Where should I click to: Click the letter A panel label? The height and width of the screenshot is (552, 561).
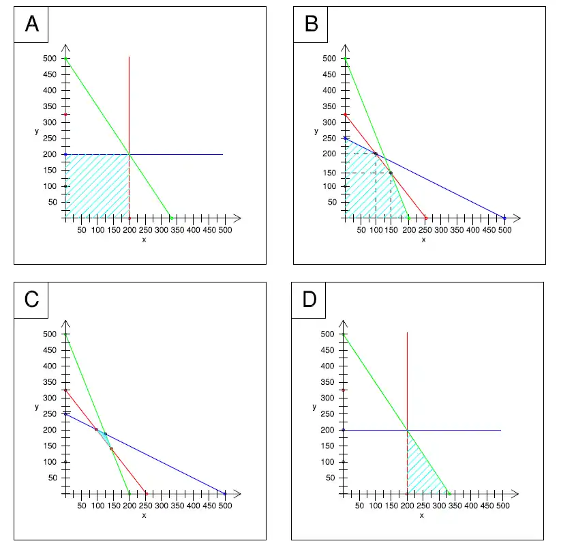click(31, 25)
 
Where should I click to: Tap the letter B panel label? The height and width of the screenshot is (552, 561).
click(311, 25)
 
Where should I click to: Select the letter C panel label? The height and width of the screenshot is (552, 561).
click(31, 300)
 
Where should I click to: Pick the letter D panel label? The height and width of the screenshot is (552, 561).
click(309, 300)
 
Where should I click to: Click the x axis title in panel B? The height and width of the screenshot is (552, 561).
click(423, 239)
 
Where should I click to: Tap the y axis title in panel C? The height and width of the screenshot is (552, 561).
click(36, 407)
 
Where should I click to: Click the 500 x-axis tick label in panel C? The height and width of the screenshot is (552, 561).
click(225, 506)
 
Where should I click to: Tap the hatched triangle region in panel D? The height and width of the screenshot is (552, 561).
click(421, 471)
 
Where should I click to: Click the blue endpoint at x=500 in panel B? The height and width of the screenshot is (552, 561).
click(505, 218)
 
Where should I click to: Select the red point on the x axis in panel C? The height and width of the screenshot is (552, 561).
click(146, 493)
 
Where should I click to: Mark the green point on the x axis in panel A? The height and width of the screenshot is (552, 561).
click(172, 218)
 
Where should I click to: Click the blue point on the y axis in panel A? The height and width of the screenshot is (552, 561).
click(66, 154)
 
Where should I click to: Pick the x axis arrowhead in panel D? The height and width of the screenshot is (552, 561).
click(517, 493)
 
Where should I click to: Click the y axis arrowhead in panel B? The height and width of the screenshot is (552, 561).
click(346, 47)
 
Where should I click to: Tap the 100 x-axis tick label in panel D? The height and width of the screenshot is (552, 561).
click(376, 506)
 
